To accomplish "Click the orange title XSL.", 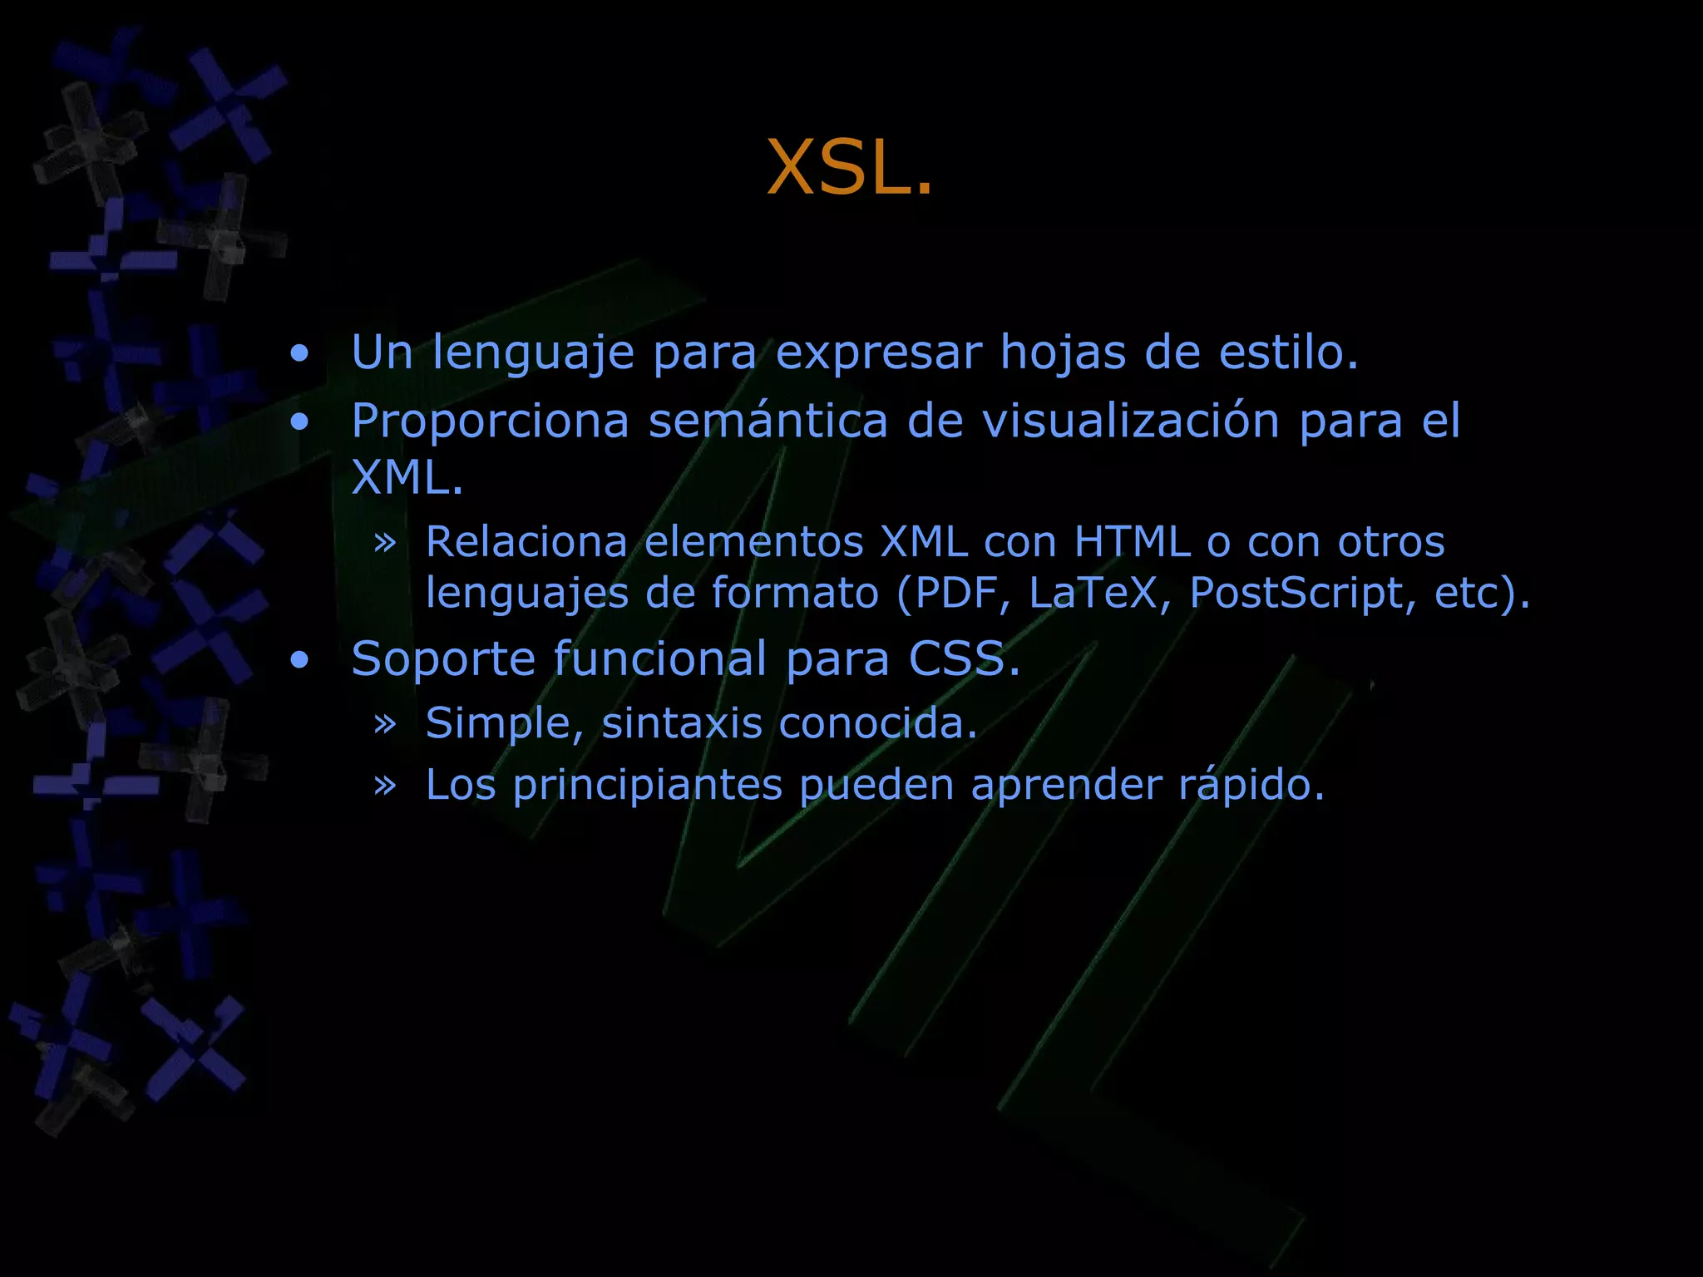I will pos(849,168).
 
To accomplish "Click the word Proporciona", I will pos(490,421).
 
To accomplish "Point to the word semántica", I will pos(768,421).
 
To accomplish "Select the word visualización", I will pos(1130,421).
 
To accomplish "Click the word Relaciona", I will pos(526,542).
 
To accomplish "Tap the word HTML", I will pos(1132,542).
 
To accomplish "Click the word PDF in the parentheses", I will pos(956,593).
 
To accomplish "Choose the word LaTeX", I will pos(1093,593).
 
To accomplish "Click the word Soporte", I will pos(442,659).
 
